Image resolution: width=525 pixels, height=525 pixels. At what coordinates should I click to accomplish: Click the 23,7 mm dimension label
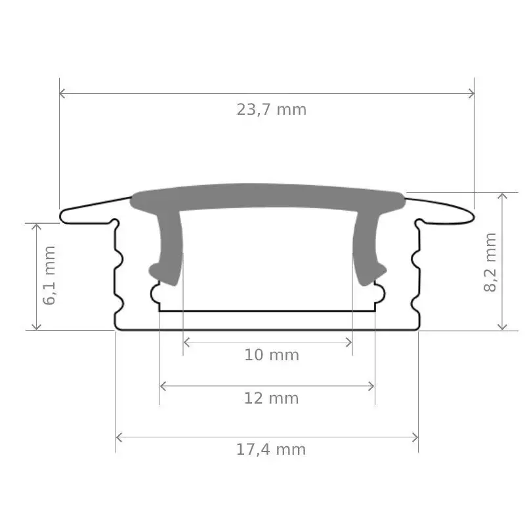click(272, 110)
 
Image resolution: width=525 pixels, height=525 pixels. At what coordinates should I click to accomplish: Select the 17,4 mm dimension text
click(271, 450)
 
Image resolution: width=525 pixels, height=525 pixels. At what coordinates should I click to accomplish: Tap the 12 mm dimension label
click(271, 398)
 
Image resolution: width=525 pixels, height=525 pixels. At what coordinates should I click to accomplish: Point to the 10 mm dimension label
click(272, 355)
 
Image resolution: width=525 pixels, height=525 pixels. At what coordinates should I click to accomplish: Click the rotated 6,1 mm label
click(50, 275)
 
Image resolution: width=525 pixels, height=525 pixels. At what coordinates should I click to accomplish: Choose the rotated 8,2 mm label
click(490, 262)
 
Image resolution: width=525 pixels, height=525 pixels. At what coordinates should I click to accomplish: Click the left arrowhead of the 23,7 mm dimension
click(62, 93)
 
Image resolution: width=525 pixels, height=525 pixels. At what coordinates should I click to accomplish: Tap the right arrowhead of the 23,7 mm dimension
click(472, 93)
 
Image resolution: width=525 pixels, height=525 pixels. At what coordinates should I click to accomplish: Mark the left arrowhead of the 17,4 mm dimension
click(119, 437)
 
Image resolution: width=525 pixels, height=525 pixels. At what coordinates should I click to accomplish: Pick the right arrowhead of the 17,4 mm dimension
click(415, 437)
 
